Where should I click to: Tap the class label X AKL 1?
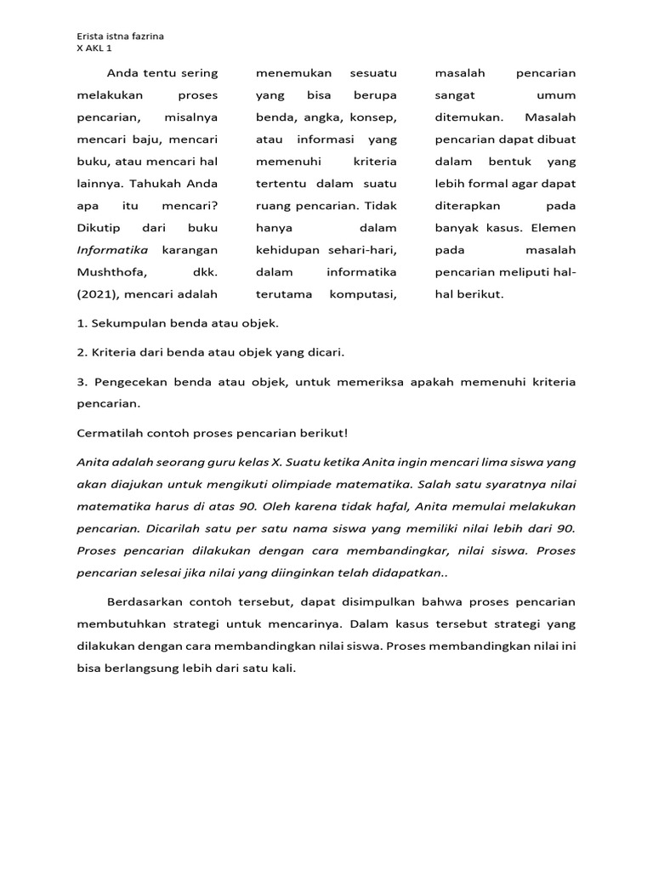click(94, 48)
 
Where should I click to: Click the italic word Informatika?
click(112, 250)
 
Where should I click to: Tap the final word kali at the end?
click(281, 668)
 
